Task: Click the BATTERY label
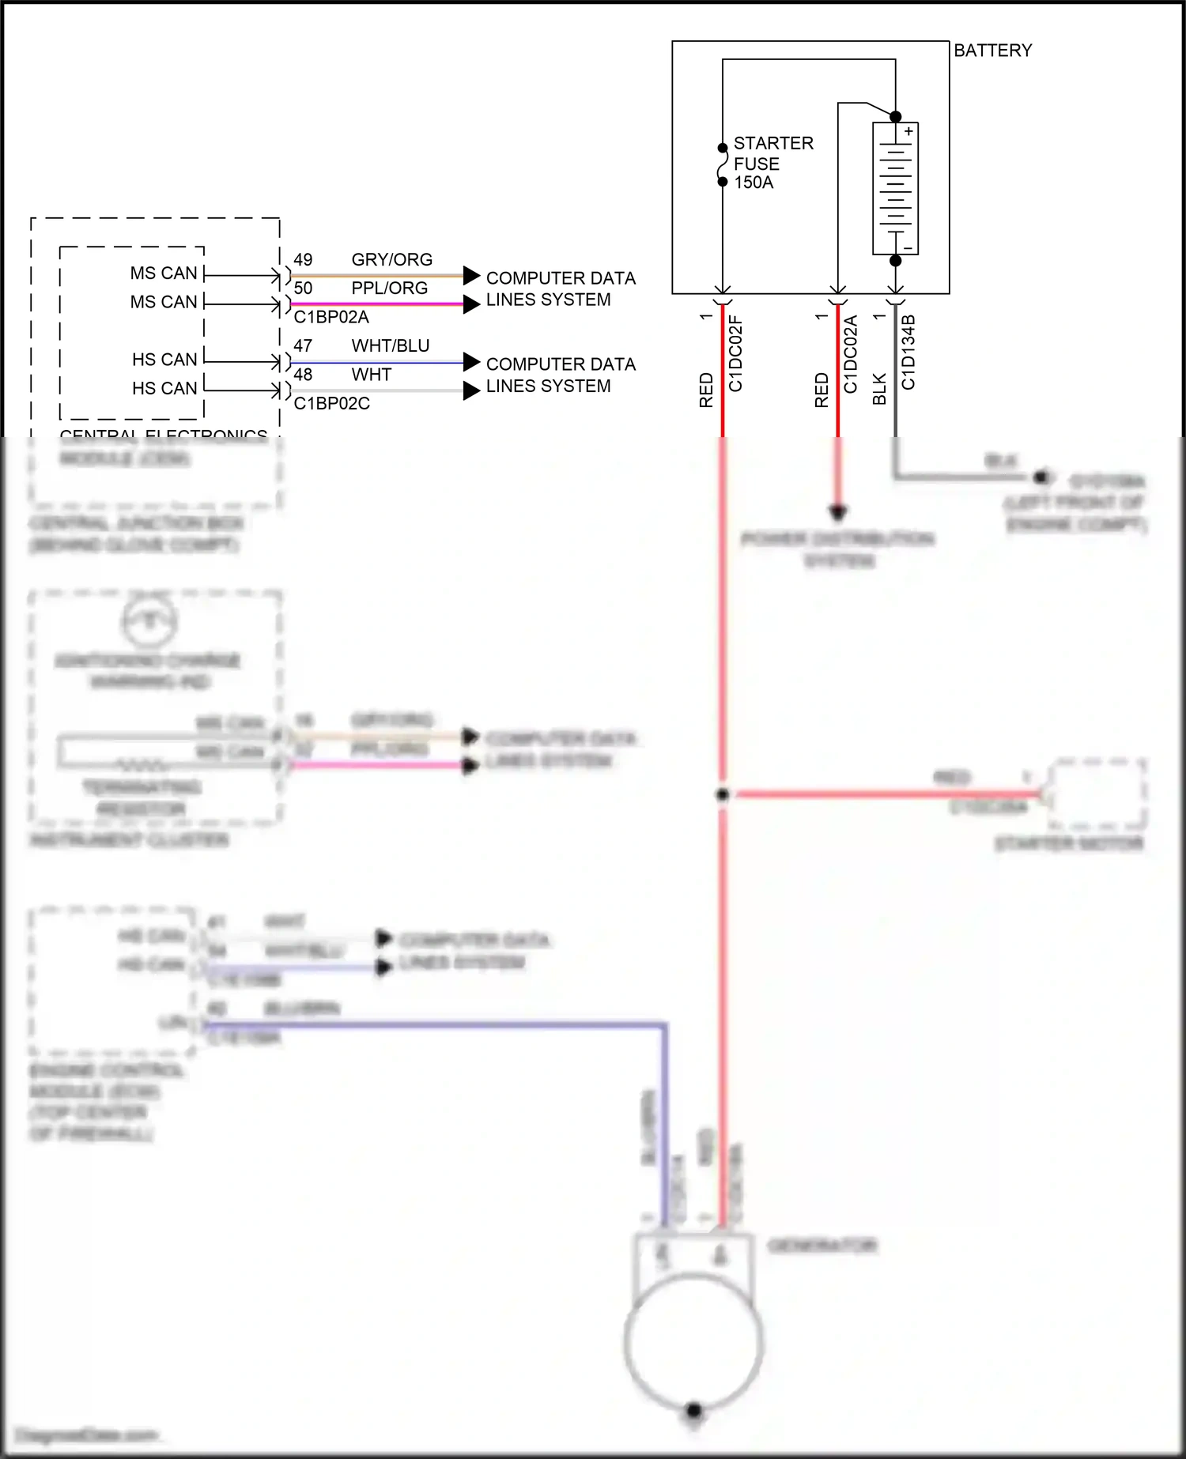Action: [x=992, y=51]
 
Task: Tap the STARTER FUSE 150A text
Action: [x=772, y=163]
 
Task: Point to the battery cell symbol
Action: [x=895, y=189]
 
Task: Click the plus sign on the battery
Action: [x=908, y=132]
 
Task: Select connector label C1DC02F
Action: [x=735, y=354]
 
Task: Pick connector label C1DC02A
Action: [x=851, y=354]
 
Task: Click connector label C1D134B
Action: [x=908, y=352]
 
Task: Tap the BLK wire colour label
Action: [x=879, y=390]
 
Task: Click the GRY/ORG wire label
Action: [x=391, y=260]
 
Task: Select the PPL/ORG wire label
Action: [x=389, y=288]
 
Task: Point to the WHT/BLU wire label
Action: [x=391, y=346]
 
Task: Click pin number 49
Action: [x=303, y=260]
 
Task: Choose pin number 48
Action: [x=303, y=375]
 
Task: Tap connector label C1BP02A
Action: [x=331, y=318]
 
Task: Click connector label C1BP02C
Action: [x=331, y=404]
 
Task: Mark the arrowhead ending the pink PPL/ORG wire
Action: [x=471, y=304]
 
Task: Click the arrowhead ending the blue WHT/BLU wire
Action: [x=471, y=362]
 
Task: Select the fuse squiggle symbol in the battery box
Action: [x=722, y=164]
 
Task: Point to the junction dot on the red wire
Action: [x=722, y=794]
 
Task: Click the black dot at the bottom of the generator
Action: [x=693, y=1410]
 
